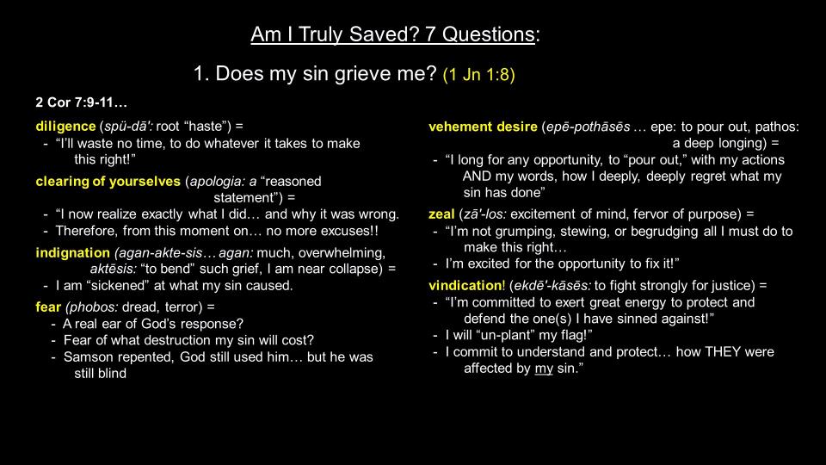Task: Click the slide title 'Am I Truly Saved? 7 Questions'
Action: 392,34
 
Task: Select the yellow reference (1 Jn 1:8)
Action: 479,74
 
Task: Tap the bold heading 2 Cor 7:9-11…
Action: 81,102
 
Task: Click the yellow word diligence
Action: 65,127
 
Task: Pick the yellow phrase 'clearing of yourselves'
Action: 108,182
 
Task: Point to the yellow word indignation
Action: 72,253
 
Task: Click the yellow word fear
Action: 48,307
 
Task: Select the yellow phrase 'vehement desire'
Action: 483,127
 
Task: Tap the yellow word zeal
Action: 441,214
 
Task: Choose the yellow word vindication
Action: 465,286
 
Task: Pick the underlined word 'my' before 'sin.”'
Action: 544,369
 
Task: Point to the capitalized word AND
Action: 478,177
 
